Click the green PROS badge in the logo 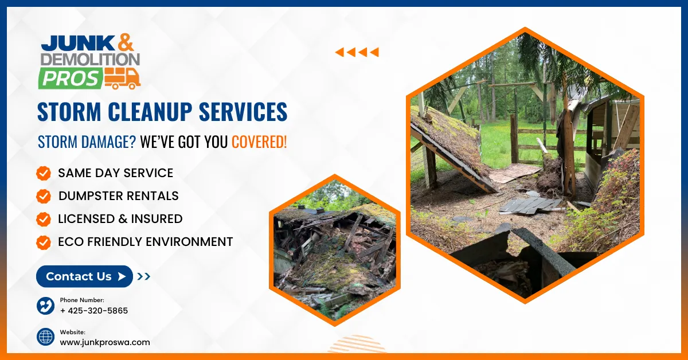[x=71, y=78]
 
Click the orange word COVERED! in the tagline [x=259, y=142]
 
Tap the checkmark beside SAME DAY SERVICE [x=43, y=173]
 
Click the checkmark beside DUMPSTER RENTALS [x=43, y=196]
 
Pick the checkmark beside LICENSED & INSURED [x=43, y=219]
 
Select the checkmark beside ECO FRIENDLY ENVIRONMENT [x=43, y=242]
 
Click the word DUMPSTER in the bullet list [x=92, y=196]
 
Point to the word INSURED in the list [x=156, y=219]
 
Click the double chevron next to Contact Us [x=144, y=276]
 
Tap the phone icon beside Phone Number [x=45, y=306]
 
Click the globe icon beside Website [x=45, y=337]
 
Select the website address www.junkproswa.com [x=105, y=342]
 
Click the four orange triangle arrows [x=357, y=53]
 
